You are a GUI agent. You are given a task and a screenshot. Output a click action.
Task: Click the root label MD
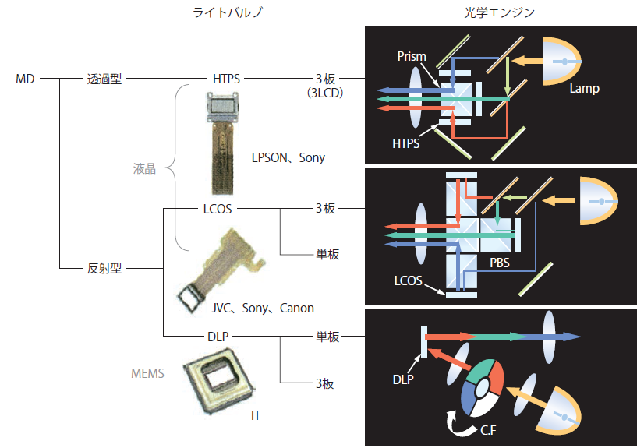[x=25, y=79]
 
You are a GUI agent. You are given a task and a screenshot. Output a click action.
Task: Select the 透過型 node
[x=104, y=79]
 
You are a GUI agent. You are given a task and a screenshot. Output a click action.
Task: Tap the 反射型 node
[x=104, y=269]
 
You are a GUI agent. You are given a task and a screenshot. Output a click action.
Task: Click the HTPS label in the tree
[x=226, y=79]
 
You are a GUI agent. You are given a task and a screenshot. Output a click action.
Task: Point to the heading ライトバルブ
[x=228, y=13]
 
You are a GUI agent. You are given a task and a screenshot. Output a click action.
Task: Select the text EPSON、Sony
[x=288, y=157]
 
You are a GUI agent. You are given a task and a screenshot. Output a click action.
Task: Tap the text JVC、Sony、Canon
[x=263, y=308]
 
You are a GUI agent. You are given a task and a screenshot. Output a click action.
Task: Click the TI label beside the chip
[x=254, y=416]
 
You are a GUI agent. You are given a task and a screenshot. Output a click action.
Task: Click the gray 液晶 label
[x=144, y=168]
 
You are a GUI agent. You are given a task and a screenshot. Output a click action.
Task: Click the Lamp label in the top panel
[x=584, y=89]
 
